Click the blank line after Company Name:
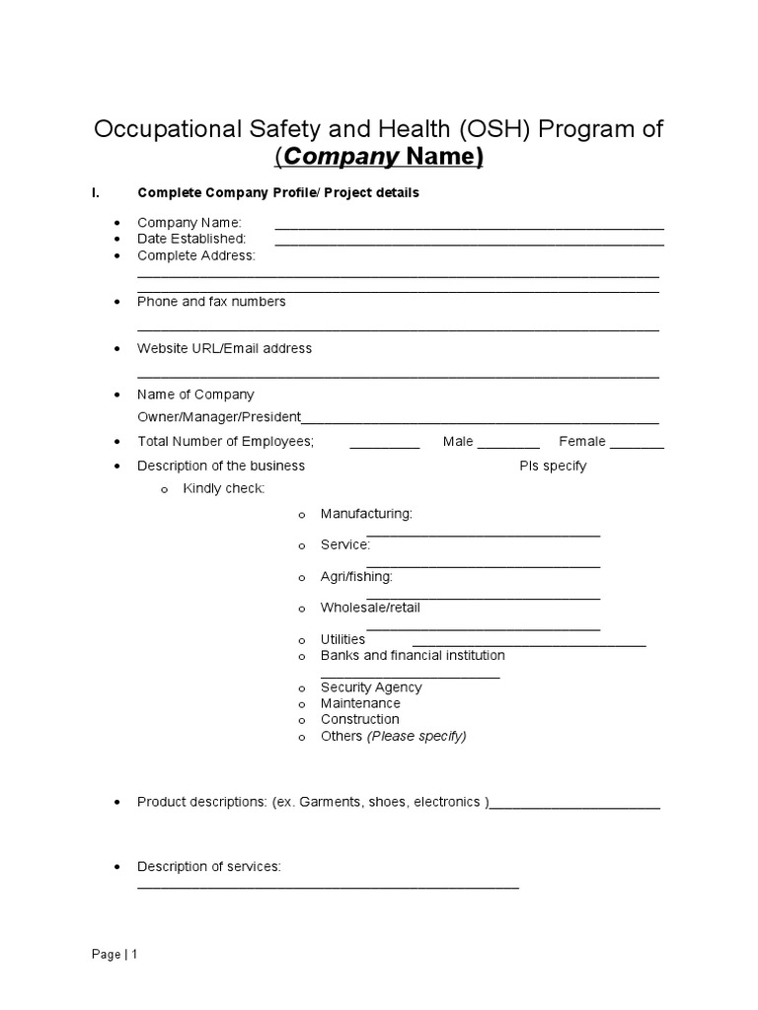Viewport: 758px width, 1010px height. click(x=469, y=226)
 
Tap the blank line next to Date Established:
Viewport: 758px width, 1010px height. click(x=469, y=242)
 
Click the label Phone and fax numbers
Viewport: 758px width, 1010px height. click(x=211, y=302)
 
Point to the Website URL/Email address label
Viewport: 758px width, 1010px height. click(x=224, y=348)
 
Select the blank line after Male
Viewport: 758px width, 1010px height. click(x=508, y=446)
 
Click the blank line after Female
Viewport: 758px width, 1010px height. click(x=644, y=446)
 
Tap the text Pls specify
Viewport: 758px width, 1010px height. click(x=553, y=466)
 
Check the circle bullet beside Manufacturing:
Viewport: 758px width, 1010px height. click(x=302, y=515)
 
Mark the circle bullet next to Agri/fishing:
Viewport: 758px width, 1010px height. click(x=302, y=577)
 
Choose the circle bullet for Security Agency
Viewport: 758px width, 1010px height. click(x=302, y=688)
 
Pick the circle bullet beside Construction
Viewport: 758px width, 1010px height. click(x=302, y=720)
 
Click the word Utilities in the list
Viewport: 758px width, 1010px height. click(x=342, y=640)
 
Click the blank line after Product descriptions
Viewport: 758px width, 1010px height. click(x=575, y=806)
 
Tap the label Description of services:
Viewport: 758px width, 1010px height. click(x=209, y=867)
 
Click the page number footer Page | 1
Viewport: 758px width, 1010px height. click(x=115, y=955)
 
